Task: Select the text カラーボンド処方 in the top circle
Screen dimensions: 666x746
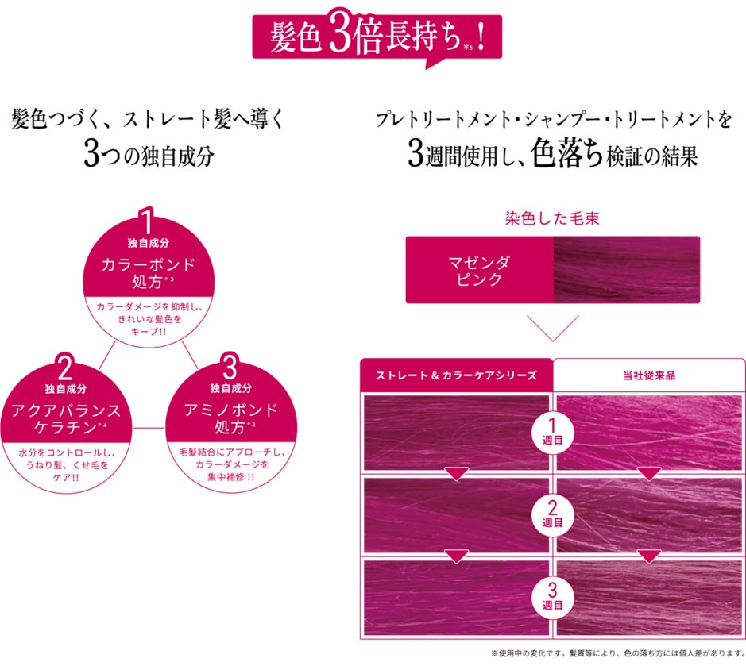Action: pyautogui.click(x=148, y=272)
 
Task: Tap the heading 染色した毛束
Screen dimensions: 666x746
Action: pyautogui.click(x=551, y=218)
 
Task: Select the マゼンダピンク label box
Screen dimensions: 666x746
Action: pyautogui.click(x=478, y=270)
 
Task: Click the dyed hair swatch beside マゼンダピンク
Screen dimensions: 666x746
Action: pyautogui.click(x=626, y=270)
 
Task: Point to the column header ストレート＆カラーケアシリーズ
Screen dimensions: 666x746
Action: pyautogui.click(x=456, y=375)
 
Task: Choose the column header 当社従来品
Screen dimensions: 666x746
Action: pyautogui.click(x=649, y=375)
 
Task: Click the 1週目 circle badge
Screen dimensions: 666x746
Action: pyautogui.click(x=552, y=432)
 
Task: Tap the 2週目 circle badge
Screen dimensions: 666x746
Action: pyautogui.click(x=552, y=514)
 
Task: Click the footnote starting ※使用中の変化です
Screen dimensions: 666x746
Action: pyautogui.click(x=615, y=654)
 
